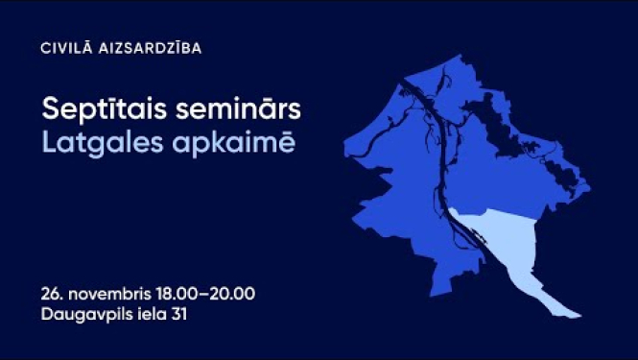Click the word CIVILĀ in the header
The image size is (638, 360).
click(64, 48)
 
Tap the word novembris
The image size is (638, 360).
click(109, 291)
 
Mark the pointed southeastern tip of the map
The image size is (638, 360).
click(579, 314)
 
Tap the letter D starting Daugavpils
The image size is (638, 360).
click(47, 313)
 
